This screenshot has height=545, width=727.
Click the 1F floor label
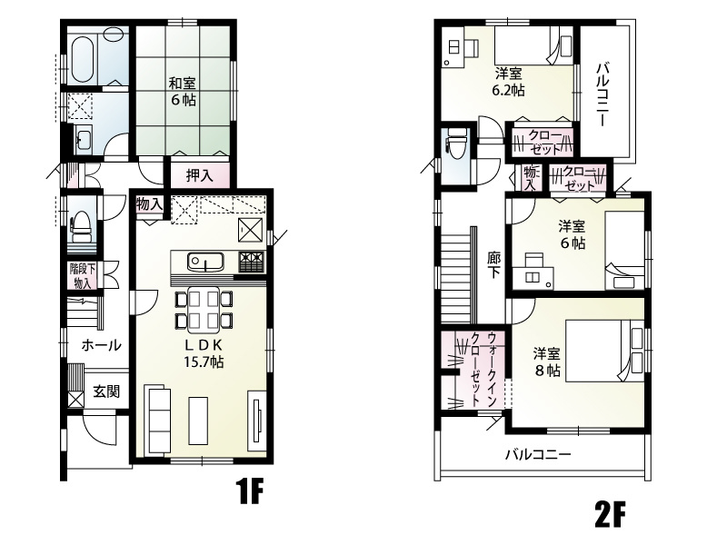point(249,491)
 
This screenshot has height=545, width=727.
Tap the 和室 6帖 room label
point(182,92)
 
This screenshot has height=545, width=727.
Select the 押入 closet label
point(200,175)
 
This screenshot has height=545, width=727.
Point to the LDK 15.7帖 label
point(204,353)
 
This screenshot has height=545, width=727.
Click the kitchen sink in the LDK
point(206,262)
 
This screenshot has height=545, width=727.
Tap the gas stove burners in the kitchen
point(252,262)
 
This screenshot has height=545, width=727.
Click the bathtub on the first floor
point(84,58)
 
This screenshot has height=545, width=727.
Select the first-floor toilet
point(81,227)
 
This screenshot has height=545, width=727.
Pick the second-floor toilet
point(455,140)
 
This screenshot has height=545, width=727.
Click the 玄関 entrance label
point(106,391)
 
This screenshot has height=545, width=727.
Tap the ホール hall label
point(101,345)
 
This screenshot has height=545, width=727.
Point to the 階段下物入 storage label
point(83,276)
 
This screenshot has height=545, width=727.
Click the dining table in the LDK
point(204,310)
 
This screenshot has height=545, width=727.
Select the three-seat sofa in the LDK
point(158,419)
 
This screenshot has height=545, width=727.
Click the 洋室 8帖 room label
point(547,362)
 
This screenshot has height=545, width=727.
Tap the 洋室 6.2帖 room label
point(508,82)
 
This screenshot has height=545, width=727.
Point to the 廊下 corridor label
point(493,265)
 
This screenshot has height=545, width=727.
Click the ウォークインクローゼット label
point(483,369)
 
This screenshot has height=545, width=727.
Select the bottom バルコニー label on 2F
point(538,454)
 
